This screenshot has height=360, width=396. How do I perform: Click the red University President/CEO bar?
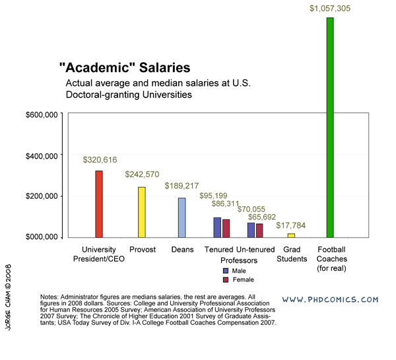pos(99,203)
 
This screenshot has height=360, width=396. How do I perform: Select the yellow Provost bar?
pos(141,211)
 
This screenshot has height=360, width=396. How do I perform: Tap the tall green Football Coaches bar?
pos(331,126)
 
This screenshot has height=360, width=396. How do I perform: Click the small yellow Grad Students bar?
pos(291,235)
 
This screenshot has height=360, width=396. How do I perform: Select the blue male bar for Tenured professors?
pos(217,227)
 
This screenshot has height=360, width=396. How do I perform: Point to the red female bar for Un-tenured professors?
pos(259,230)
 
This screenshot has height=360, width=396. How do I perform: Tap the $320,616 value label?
pos(101,160)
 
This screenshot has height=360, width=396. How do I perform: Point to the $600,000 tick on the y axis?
pos(44,114)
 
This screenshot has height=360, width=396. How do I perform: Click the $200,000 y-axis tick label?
pos(44,196)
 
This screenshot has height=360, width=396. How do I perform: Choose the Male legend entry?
pos(236,271)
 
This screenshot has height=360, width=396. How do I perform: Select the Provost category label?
pos(143,249)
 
